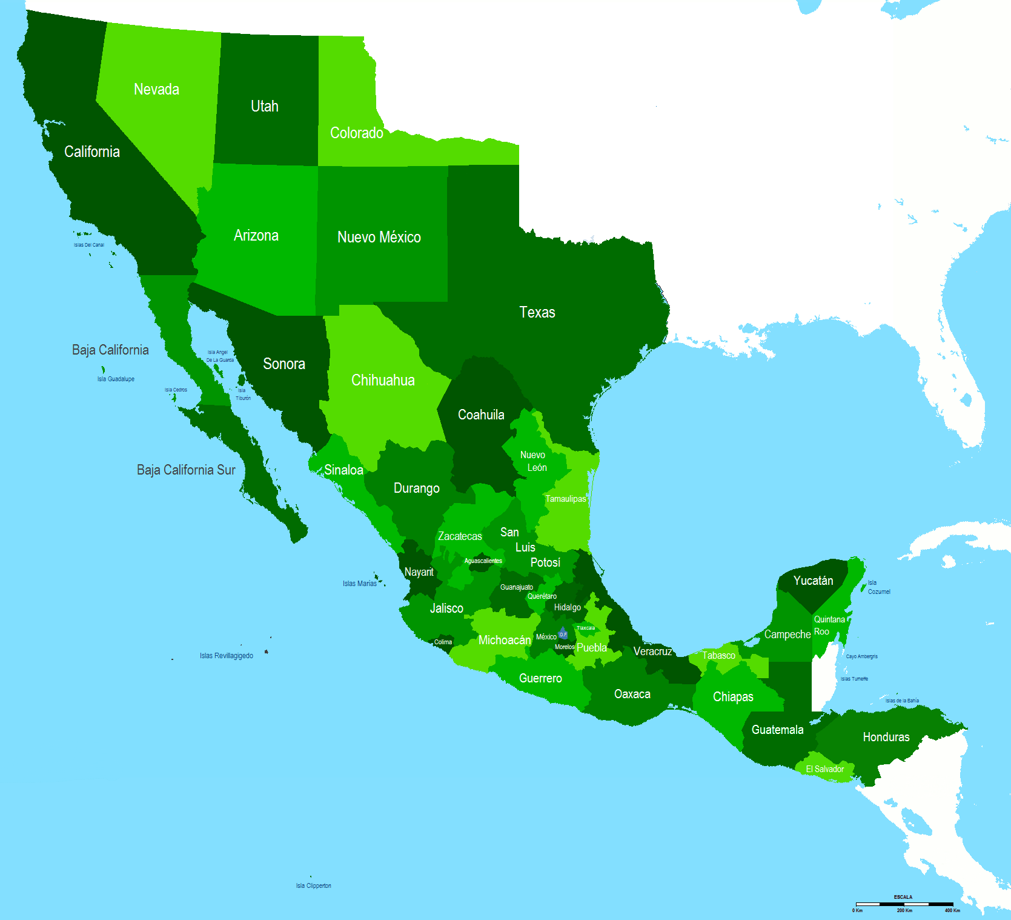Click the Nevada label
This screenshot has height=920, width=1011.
coord(156,89)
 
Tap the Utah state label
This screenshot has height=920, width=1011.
coord(265,106)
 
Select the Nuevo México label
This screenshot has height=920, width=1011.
coord(379,237)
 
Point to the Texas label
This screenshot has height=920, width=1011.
coord(537,312)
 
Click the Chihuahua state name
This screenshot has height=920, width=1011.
coord(383,380)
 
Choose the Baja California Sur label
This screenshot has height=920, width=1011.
coord(186,470)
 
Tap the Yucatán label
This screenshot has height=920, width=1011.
coord(813,581)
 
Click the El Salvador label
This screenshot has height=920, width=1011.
coord(824,769)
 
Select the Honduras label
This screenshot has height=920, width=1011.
coord(886,737)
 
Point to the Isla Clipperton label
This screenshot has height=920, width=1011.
coord(313,885)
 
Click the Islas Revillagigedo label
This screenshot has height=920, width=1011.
coord(227,656)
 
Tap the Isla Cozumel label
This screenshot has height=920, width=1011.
coord(878,587)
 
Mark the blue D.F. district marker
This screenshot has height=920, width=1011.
coord(563,634)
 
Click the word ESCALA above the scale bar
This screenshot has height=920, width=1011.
coord(903,897)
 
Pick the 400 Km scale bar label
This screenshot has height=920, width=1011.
coord(952,910)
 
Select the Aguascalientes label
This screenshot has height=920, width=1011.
coord(483,561)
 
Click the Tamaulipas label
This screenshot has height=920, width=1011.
coord(565,499)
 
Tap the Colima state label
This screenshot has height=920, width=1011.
coord(443,642)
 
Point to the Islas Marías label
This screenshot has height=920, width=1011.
coord(360,584)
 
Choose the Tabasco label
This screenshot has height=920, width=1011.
coord(718,655)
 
